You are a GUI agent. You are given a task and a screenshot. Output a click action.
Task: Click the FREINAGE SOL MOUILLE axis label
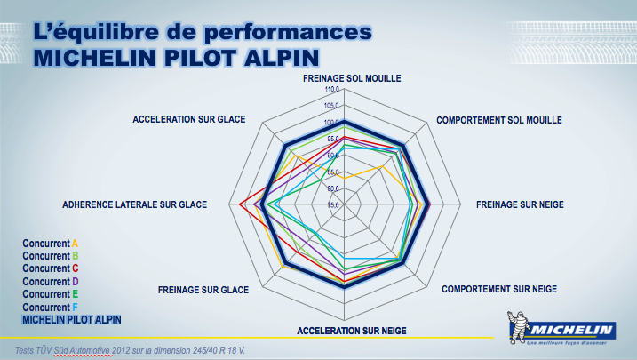pos(352,78)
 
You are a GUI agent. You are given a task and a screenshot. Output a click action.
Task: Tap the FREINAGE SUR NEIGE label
pos(520,204)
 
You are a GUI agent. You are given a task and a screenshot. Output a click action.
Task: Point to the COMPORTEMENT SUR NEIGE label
pos(499,290)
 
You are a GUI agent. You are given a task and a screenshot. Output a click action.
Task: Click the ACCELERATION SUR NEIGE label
pos(352,331)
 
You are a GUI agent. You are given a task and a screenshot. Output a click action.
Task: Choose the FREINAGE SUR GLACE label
pos(203,290)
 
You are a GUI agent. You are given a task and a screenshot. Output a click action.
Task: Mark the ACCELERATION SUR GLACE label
pos(189,119)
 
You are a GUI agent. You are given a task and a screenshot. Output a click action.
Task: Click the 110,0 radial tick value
pos(332,90)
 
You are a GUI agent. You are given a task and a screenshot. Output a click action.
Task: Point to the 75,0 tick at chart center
pos(332,205)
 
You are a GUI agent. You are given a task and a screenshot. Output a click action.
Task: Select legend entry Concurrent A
pos(51,243)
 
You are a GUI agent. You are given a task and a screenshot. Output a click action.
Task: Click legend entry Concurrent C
pos(51,268)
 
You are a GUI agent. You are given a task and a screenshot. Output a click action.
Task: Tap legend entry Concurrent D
pos(51,281)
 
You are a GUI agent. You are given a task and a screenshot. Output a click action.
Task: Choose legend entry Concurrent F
pos(51,307)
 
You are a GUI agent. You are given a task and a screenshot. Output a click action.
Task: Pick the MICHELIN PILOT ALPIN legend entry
pos(71,318)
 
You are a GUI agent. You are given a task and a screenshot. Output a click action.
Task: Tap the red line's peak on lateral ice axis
pos(242,204)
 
